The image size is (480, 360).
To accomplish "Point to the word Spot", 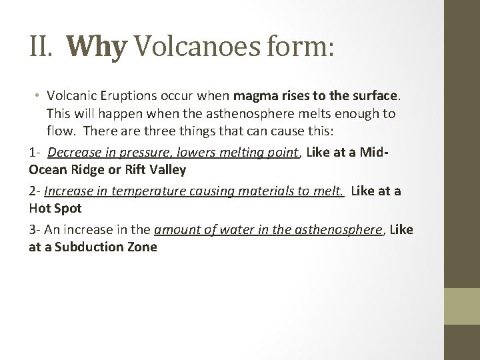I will click(x=68, y=207).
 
